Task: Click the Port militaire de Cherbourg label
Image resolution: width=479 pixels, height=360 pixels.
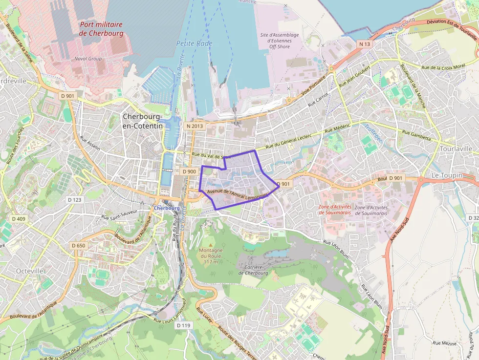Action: tap(101, 29)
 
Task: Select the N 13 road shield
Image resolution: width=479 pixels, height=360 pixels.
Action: tap(365, 44)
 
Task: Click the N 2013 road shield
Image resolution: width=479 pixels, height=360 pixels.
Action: tap(195, 126)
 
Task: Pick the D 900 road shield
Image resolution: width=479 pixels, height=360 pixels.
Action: tap(189, 171)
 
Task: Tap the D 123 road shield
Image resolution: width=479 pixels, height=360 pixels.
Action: tap(75, 200)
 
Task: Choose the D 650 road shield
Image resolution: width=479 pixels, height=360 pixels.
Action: tap(78, 245)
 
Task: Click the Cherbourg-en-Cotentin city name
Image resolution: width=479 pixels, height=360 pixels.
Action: tap(142, 121)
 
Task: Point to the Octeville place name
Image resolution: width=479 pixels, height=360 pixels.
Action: tap(30, 271)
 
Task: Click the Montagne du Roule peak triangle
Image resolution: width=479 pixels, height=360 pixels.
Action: tap(211, 244)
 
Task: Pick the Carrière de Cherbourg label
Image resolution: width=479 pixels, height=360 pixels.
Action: tap(253, 270)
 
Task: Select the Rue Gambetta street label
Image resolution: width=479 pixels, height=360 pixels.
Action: tap(416, 135)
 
